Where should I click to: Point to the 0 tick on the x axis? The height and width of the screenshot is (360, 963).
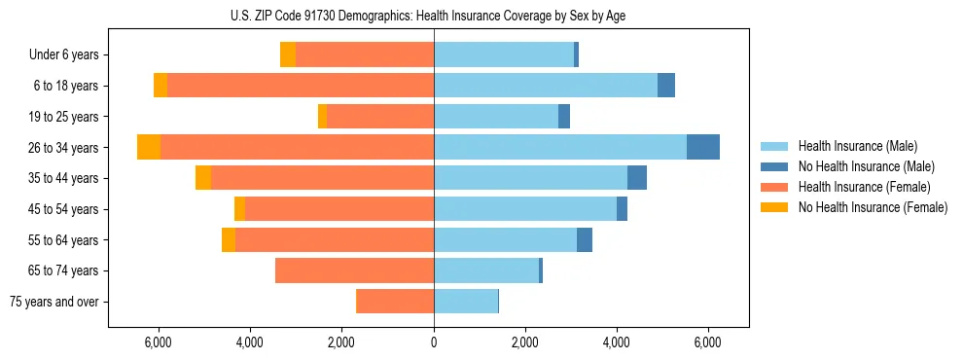434,342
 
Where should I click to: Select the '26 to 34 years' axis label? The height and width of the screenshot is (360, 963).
65,148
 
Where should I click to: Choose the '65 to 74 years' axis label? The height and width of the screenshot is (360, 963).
65,270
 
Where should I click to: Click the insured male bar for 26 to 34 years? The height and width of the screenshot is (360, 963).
560,147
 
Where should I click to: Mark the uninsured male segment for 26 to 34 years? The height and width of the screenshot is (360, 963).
703,147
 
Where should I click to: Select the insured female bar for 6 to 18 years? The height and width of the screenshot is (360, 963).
301,86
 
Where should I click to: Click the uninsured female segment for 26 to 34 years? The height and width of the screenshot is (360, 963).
149,147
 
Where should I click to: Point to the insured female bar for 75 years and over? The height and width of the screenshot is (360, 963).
395,302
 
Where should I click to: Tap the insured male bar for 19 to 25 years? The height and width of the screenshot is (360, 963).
496,117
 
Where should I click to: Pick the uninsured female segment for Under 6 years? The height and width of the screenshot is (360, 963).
288,55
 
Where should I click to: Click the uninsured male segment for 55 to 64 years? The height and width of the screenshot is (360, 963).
585,239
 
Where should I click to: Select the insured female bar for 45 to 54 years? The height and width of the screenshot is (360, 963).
339,209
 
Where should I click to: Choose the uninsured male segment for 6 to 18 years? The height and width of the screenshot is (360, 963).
666,86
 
